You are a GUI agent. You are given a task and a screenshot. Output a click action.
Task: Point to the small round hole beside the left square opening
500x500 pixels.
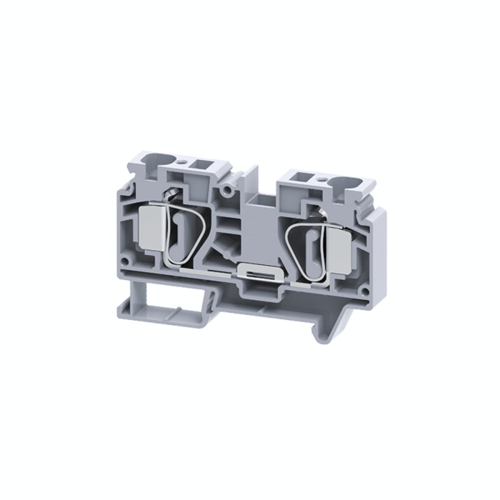click(182, 161)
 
